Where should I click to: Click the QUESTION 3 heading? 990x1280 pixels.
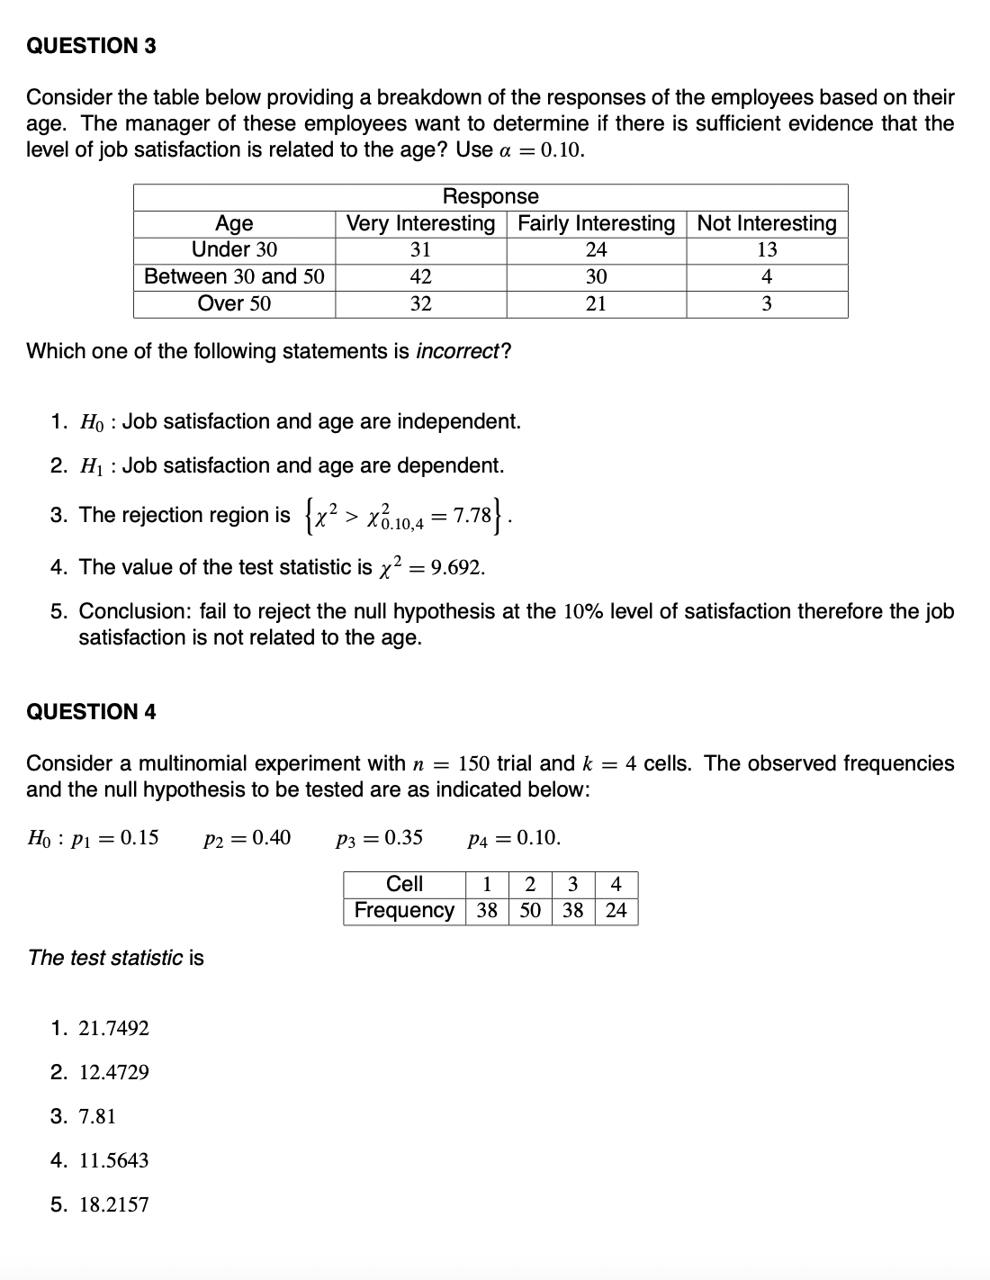point(91,46)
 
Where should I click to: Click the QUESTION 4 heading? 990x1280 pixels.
point(91,712)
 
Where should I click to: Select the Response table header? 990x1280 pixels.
point(490,196)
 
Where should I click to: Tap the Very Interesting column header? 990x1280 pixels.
point(420,223)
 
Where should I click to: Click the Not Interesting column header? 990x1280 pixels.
point(767,223)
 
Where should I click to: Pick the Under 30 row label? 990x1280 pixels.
point(234,249)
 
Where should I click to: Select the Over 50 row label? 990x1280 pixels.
point(234,303)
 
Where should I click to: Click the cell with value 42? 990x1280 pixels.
point(420,276)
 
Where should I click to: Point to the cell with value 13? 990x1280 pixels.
point(767,249)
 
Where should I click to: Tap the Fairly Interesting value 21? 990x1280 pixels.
point(596,303)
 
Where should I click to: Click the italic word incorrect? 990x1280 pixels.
point(457,351)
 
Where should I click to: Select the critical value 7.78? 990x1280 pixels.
point(472,516)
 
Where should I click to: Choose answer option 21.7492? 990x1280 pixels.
point(113,1028)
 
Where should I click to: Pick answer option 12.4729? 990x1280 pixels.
point(113,1072)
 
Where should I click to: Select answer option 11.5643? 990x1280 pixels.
point(113,1160)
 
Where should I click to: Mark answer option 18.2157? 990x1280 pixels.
point(113,1204)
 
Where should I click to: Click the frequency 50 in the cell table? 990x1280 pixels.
point(530,910)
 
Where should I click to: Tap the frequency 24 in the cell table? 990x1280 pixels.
point(616,910)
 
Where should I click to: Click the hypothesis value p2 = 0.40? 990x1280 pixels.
point(247,838)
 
